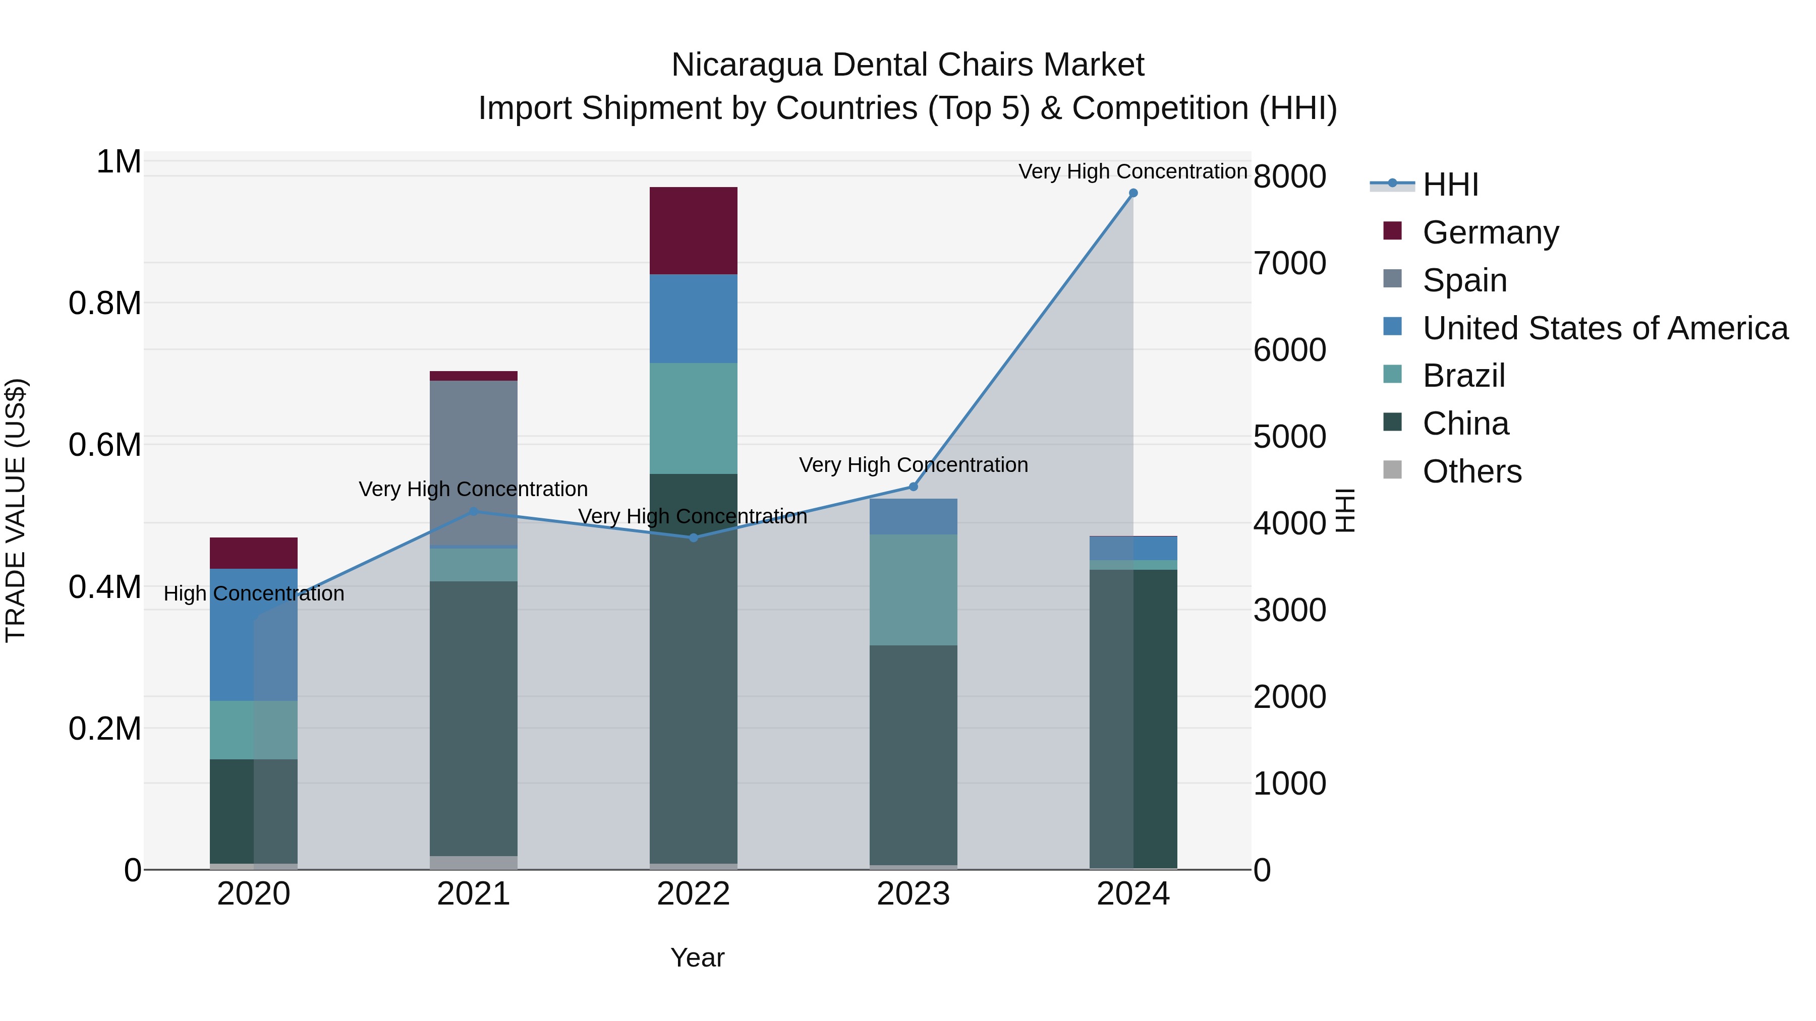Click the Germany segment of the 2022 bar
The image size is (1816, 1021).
tap(693, 230)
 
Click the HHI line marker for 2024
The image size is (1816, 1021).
tap(1133, 193)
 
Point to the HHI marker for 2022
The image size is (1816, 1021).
tap(693, 537)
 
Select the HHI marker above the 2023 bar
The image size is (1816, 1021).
tap(913, 486)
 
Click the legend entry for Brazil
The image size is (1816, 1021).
tap(1463, 376)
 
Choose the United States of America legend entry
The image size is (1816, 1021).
tap(1605, 328)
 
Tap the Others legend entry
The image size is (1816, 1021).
tap(1471, 471)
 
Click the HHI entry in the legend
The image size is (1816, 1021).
tap(1449, 185)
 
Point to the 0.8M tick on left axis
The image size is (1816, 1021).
tap(104, 304)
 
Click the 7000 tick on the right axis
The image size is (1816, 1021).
tap(1289, 264)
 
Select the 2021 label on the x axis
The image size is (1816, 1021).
tap(473, 894)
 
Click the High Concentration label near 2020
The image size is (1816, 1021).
tap(254, 593)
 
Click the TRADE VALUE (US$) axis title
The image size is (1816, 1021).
tap(16, 510)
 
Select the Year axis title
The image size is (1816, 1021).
tap(697, 957)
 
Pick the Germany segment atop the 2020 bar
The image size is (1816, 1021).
tap(254, 553)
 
